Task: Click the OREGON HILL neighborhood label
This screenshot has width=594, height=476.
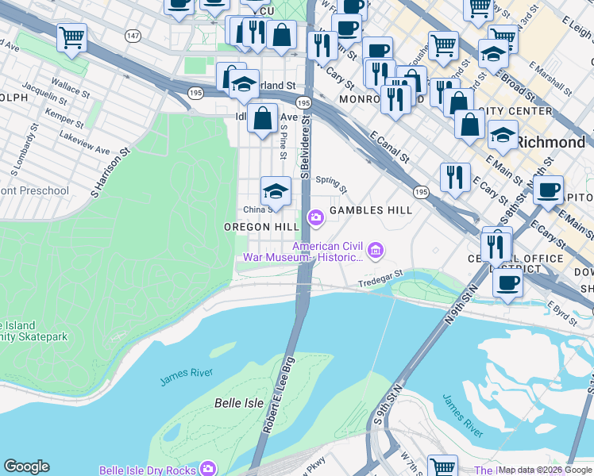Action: [261, 227]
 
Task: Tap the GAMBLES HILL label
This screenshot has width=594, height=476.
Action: [371, 210]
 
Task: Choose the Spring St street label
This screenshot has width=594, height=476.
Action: [332, 184]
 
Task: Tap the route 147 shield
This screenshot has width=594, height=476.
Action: [133, 36]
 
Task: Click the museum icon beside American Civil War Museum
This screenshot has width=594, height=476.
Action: [376, 251]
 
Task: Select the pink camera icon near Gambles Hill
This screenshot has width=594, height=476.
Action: [315, 217]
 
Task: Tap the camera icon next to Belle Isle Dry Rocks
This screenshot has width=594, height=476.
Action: [208, 470]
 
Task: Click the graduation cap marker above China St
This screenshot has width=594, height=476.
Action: [276, 191]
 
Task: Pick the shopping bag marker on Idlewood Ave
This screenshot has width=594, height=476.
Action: [262, 119]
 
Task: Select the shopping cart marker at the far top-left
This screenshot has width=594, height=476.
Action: [71, 36]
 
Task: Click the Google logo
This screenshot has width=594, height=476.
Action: [26, 466]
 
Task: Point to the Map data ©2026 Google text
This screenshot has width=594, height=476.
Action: [545, 470]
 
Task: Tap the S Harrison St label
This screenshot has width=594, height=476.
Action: [109, 171]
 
